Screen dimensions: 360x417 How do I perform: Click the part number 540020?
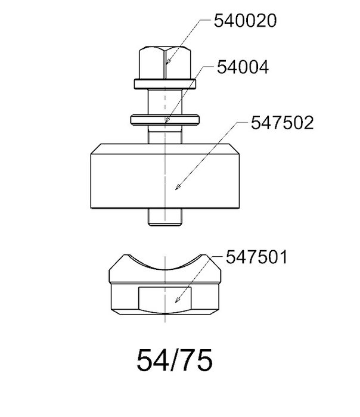pyautogui.click(x=245, y=21)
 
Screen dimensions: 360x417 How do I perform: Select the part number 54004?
pyautogui.click(x=243, y=67)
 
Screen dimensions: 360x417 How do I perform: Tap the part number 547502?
pyautogui.click(x=283, y=123)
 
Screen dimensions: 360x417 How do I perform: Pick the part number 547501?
pyautogui.click(x=256, y=257)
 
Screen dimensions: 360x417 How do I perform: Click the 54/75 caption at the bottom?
pyautogui.click(x=175, y=360)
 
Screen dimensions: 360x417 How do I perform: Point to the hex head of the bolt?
pyautogui.click(x=165, y=63)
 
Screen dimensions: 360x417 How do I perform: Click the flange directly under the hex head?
pyautogui.click(x=165, y=84)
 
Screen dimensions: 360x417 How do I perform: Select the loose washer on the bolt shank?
pyautogui.click(x=165, y=120)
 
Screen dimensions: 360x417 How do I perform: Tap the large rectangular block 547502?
pyautogui.click(x=165, y=176)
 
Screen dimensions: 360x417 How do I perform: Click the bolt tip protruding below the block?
pyautogui.click(x=165, y=217)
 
